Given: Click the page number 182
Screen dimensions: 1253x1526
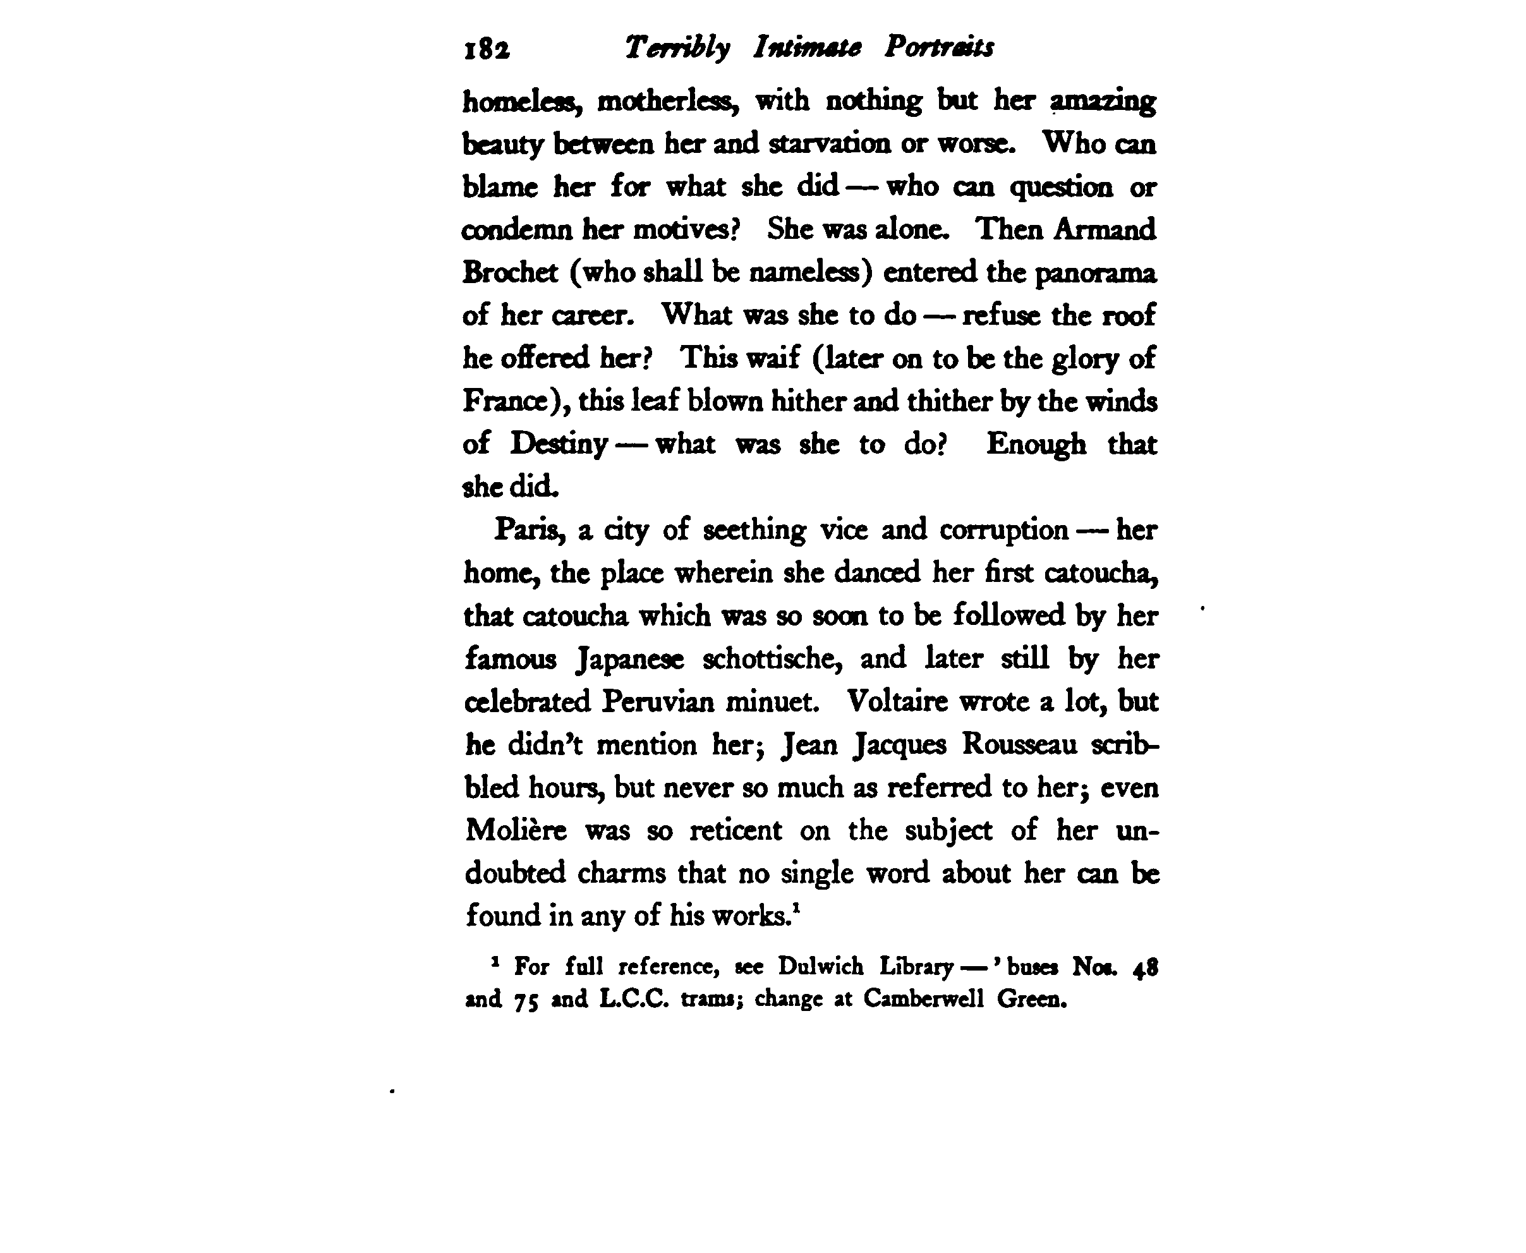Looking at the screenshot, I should coord(487,49).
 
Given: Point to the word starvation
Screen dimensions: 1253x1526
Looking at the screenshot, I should coord(830,143).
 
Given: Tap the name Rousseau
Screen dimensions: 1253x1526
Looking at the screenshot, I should coord(1019,744).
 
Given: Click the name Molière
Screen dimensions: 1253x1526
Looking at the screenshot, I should coord(516,830).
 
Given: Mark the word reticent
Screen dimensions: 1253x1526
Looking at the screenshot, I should coord(736,830).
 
